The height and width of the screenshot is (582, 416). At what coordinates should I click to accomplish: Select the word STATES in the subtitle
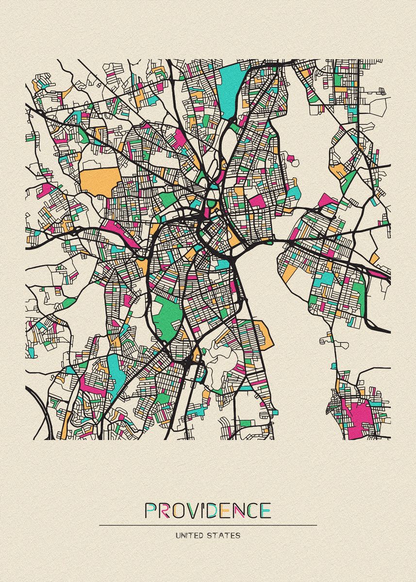pos(224,536)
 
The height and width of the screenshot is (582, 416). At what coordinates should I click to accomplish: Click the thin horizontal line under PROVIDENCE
pos(208,525)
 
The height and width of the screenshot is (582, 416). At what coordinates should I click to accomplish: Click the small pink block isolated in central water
pos(291,159)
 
